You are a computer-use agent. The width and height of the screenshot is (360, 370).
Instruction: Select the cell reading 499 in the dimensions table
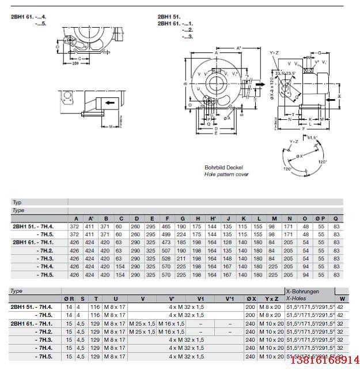coord(166,235)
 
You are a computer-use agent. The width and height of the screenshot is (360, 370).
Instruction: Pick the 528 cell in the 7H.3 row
coord(166,259)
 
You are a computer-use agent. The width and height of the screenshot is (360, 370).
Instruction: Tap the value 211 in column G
coord(182,259)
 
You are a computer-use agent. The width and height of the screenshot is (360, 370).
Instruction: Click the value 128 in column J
coord(229,243)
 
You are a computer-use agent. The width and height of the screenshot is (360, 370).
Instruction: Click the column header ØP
coord(320,218)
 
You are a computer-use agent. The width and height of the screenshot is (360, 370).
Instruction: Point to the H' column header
coord(214,218)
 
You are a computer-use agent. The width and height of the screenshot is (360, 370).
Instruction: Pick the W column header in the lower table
coord(342,299)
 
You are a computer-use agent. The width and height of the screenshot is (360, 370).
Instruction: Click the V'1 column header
coord(229,299)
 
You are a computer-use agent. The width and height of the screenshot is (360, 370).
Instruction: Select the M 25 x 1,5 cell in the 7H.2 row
coord(142,331)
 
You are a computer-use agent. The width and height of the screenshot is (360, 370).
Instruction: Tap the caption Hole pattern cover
coord(226,174)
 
